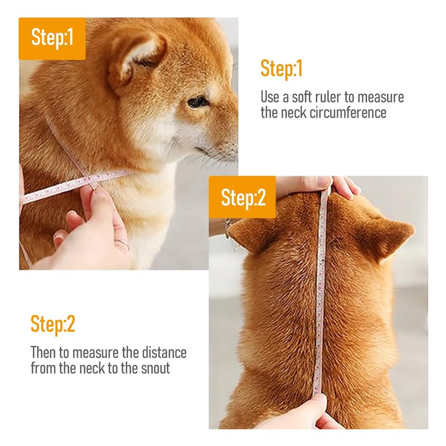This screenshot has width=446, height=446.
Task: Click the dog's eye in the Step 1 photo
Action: (198, 102)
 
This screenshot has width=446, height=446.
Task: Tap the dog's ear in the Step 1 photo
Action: (136, 58)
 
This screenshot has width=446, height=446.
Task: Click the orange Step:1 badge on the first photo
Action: (52, 38)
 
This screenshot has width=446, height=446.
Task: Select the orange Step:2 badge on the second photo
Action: (243, 197)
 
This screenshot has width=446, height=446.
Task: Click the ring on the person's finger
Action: (123, 244)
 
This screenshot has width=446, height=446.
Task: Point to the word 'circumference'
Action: (348, 113)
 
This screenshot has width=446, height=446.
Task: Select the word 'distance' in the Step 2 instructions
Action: (164, 353)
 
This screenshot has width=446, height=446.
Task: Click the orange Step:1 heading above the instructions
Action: (282, 69)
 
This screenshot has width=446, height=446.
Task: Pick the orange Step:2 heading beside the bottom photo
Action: (53, 324)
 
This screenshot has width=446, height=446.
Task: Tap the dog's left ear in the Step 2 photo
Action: (248, 235)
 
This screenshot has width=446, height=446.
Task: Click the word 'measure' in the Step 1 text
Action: (381, 97)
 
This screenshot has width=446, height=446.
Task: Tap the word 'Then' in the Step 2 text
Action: (43, 353)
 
